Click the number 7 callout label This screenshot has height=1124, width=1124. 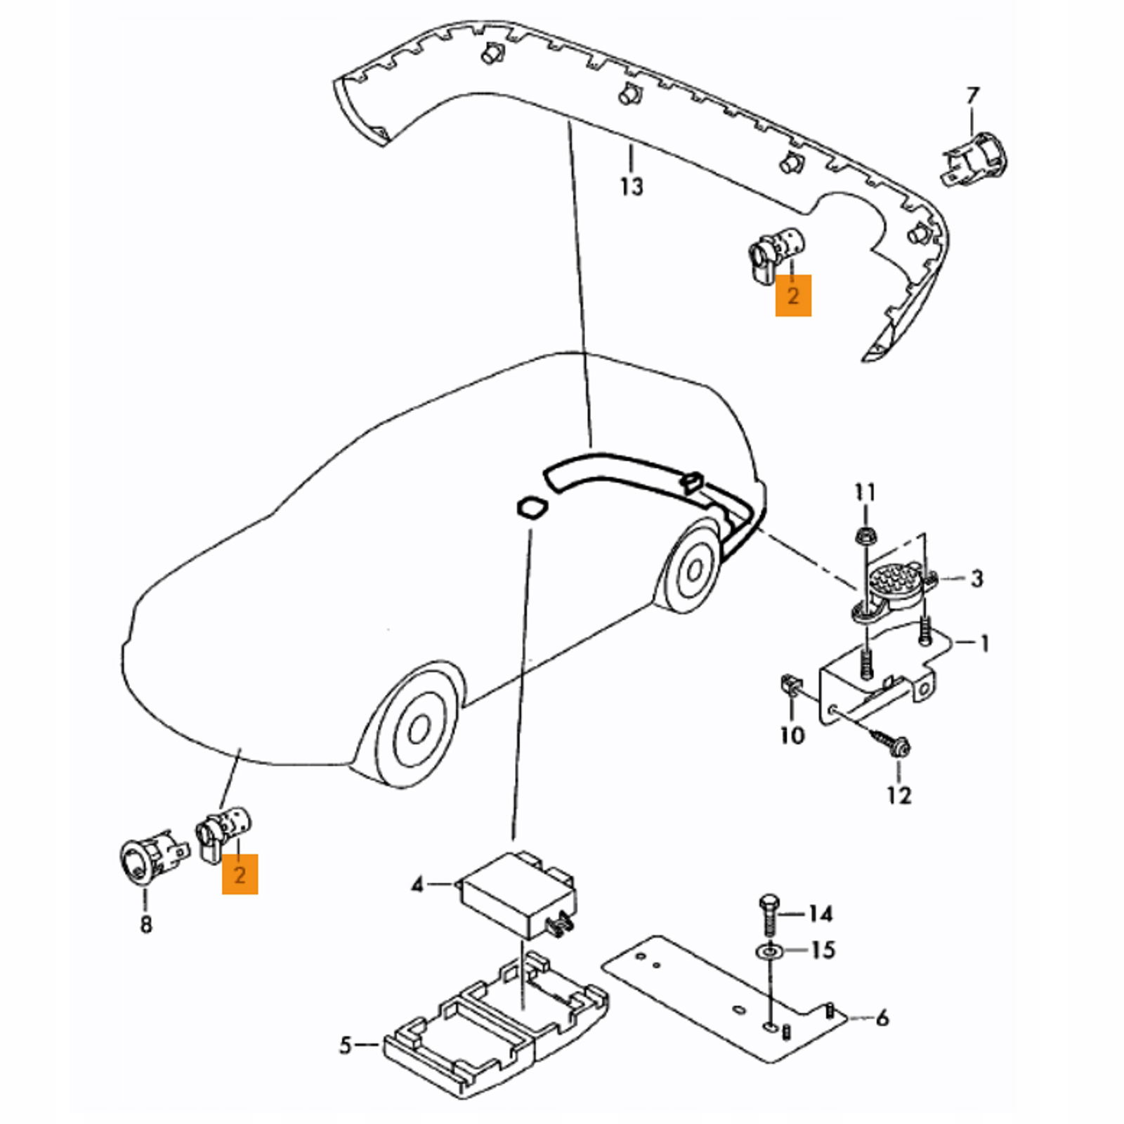click(x=972, y=96)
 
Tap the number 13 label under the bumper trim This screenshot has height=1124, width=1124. click(x=632, y=187)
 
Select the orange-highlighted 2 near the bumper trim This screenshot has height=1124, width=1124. click(x=793, y=296)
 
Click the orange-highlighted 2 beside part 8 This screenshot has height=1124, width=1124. click(x=240, y=875)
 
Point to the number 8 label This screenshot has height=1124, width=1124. click(x=145, y=924)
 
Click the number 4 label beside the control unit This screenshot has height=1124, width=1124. click(x=417, y=884)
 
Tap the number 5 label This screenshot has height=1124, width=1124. click(x=345, y=1045)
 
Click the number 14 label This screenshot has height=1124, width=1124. click(x=820, y=913)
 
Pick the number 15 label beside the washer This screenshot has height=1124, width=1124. click(x=823, y=950)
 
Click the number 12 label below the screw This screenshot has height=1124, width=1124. click(x=899, y=795)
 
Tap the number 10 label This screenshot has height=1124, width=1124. click(x=792, y=736)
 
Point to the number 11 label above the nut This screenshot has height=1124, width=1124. click(x=865, y=492)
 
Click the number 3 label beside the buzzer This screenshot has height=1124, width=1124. click(x=976, y=579)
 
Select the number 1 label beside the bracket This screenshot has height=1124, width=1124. click(x=984, y=643)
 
